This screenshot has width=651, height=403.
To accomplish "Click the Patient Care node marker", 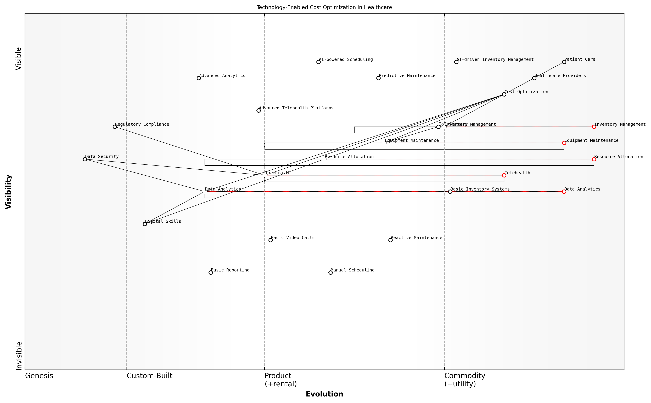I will click(x=564, y=62).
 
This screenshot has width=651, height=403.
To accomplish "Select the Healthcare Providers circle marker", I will click(x=534, y=78).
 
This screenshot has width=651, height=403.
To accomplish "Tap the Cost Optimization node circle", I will click(x=504, y=94).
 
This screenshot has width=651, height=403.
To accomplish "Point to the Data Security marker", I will click(x=85, y=159).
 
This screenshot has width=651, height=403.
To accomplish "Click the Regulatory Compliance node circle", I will click(x=115, y=127).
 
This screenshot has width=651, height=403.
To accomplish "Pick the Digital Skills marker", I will click(x=145, y=224).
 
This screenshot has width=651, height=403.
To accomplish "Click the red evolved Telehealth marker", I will click(x=504, y=175).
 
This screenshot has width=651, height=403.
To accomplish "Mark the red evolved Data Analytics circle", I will click(x=564, y=192).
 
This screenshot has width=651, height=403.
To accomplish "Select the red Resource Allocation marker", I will click(x=594, y=159).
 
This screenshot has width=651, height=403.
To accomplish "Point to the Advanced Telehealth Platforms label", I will click(x=296, y=108).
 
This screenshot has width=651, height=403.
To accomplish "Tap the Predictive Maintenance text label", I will click(x=407, y=76).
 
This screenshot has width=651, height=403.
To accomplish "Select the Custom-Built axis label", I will click(x=149, y=376).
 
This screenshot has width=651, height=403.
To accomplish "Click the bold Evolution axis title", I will click(x=324, y=394).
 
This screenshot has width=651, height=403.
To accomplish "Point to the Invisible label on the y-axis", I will click(x=19, y=356).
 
